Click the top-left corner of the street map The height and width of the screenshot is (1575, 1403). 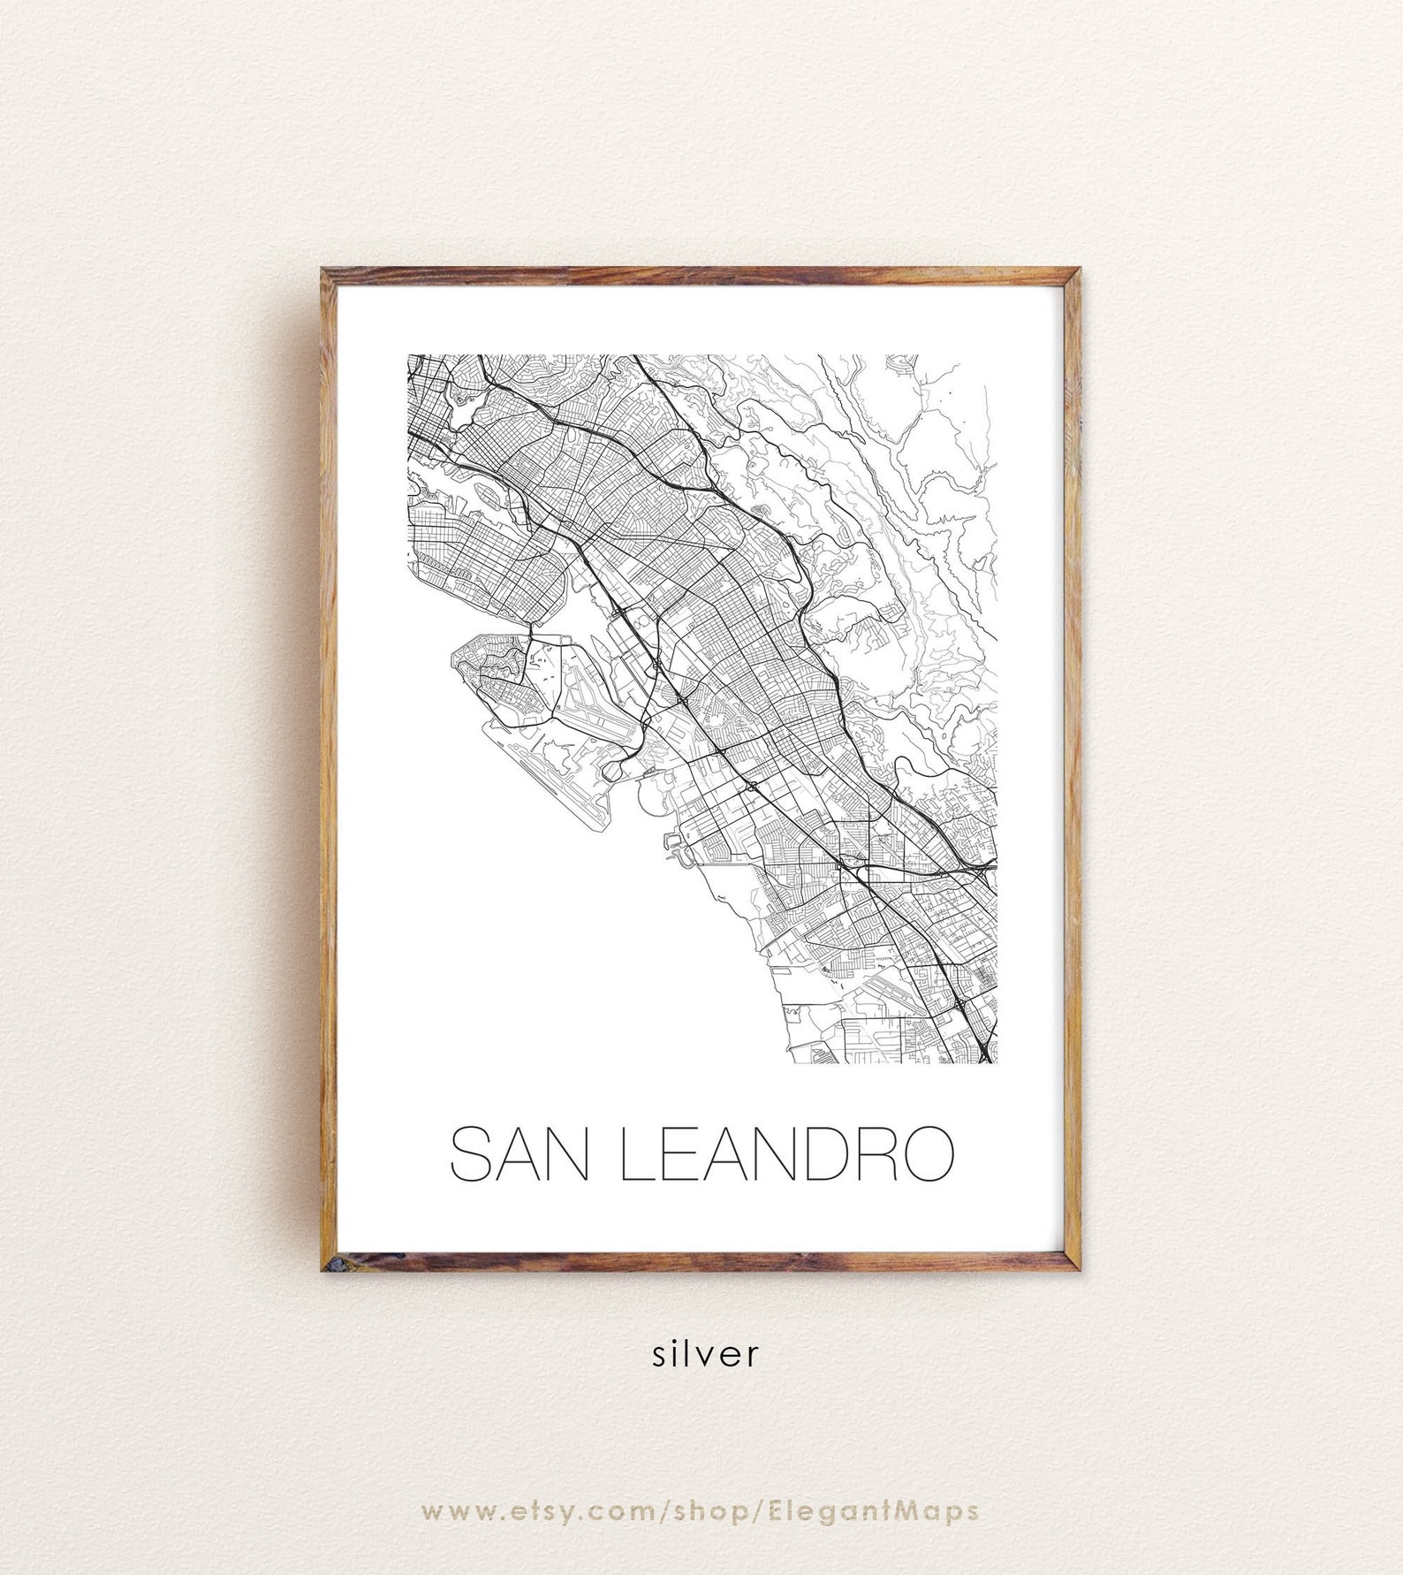point(407,355)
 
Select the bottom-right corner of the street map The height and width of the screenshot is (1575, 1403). point(997,1065)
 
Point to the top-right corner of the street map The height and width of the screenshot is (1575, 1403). point(997,355)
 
